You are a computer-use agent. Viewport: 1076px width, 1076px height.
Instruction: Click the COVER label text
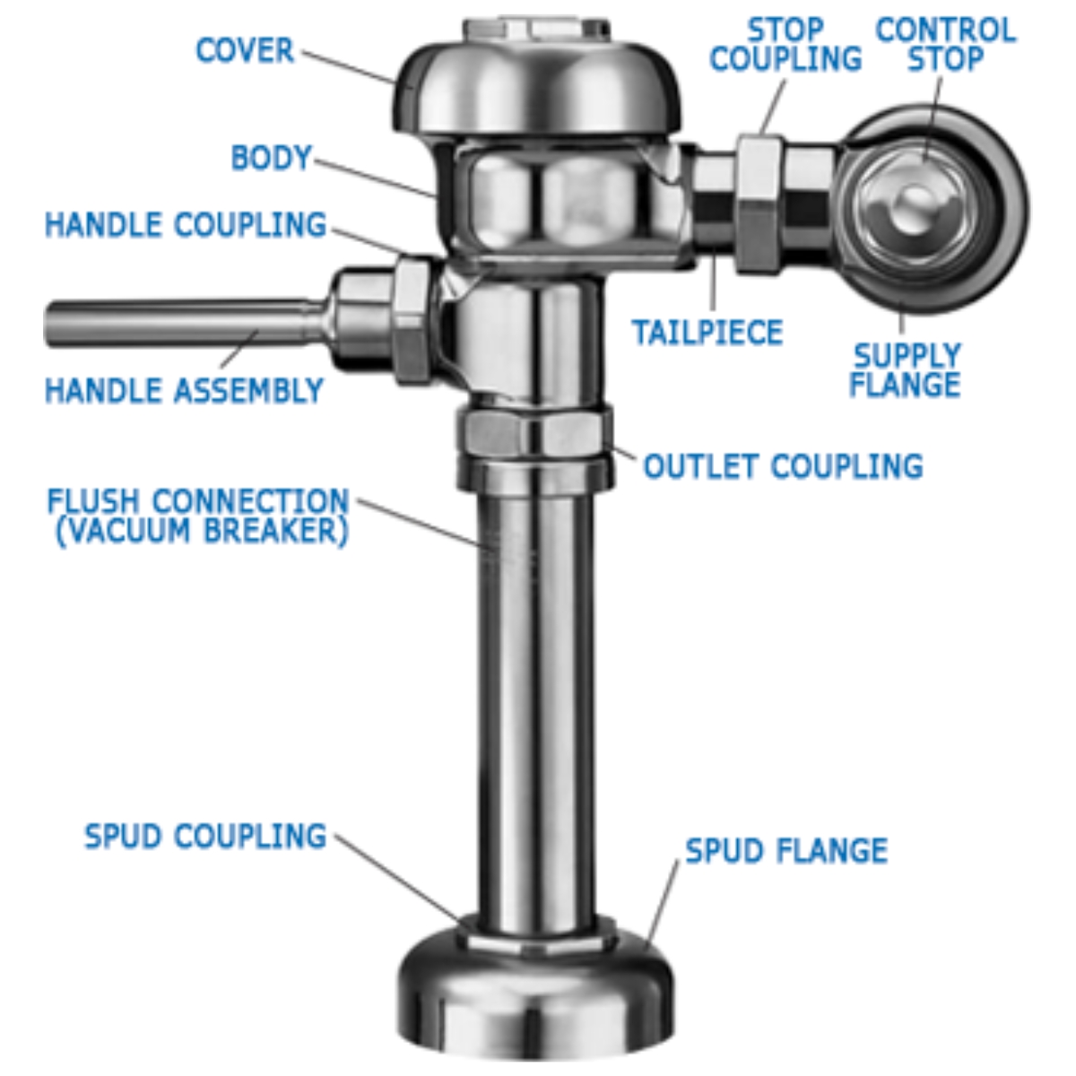point(245,50)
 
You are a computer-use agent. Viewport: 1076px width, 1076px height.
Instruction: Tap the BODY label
point(271,158)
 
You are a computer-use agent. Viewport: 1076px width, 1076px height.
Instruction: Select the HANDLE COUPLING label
point(186,225)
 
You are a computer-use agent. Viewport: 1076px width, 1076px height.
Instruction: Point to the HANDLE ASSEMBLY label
point(185,390)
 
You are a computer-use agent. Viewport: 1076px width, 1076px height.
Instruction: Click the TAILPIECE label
point(707,333)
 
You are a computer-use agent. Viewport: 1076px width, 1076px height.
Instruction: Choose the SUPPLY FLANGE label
point(905,370)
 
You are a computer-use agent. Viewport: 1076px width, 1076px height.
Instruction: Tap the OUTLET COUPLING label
point(783,466)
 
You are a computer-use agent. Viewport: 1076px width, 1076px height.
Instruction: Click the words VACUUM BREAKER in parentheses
point(202,531)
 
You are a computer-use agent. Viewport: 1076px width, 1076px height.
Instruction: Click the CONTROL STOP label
point(946,44)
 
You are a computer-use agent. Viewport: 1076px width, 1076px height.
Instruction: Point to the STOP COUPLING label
point(785,44)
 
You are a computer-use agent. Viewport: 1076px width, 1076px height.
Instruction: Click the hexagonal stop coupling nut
point(759,204)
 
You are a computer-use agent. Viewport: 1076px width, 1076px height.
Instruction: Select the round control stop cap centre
point(917,205)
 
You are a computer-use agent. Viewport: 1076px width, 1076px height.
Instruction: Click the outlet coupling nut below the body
point(535,438)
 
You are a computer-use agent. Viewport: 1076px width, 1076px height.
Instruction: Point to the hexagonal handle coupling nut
point(413,321)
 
